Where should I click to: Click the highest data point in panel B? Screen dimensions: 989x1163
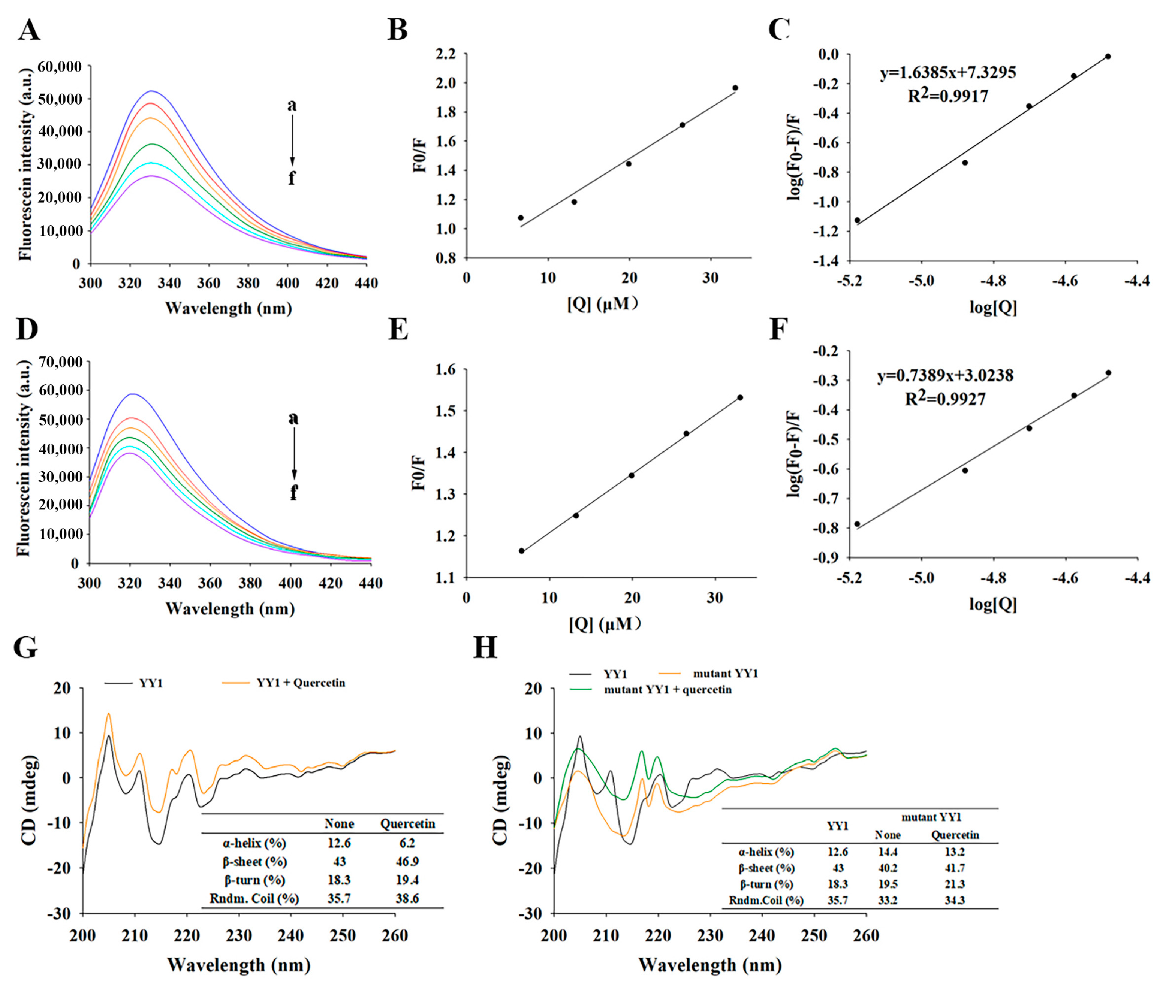point(735,88)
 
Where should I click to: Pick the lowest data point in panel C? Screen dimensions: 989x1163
point(857,220)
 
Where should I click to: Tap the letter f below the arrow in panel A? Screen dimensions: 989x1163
point(292,178)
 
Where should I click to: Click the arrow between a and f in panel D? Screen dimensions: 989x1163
point(294,454)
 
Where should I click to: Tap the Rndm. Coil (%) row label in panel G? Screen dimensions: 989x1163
point(254,898)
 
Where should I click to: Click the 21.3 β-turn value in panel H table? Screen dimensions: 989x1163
point(954,884)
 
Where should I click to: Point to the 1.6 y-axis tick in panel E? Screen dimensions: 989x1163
point(445,369)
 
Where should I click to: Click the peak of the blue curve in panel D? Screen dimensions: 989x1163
point(132,394)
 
